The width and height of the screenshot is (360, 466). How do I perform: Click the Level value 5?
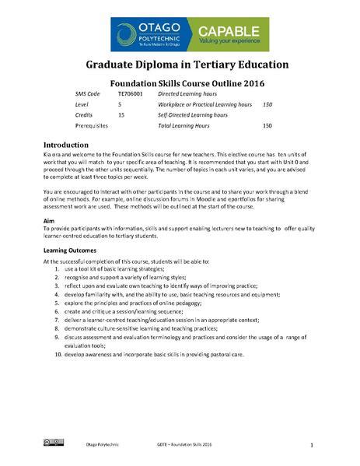120,103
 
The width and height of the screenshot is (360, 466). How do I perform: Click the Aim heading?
48,221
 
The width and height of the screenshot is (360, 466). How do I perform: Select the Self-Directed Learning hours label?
193,114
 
